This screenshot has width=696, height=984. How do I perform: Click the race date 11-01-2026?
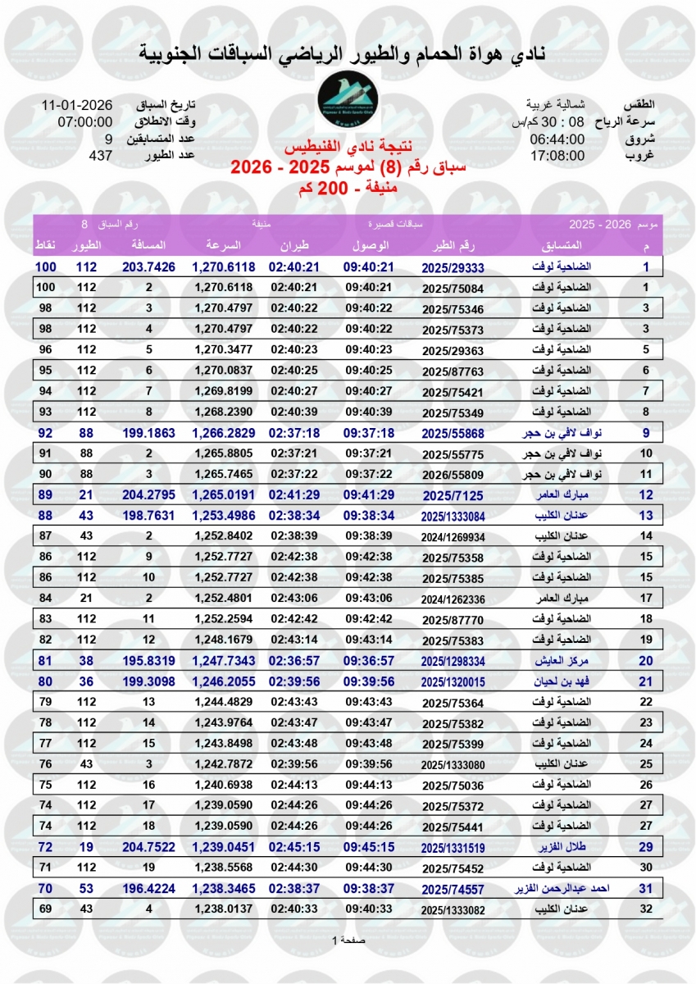(78, 106)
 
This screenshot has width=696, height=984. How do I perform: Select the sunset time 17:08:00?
(557, 155)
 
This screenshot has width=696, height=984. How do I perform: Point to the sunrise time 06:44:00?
(557, 139)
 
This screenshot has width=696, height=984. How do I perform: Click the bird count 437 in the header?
(100, 155)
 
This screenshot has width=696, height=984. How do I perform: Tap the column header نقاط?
(45, 245)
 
